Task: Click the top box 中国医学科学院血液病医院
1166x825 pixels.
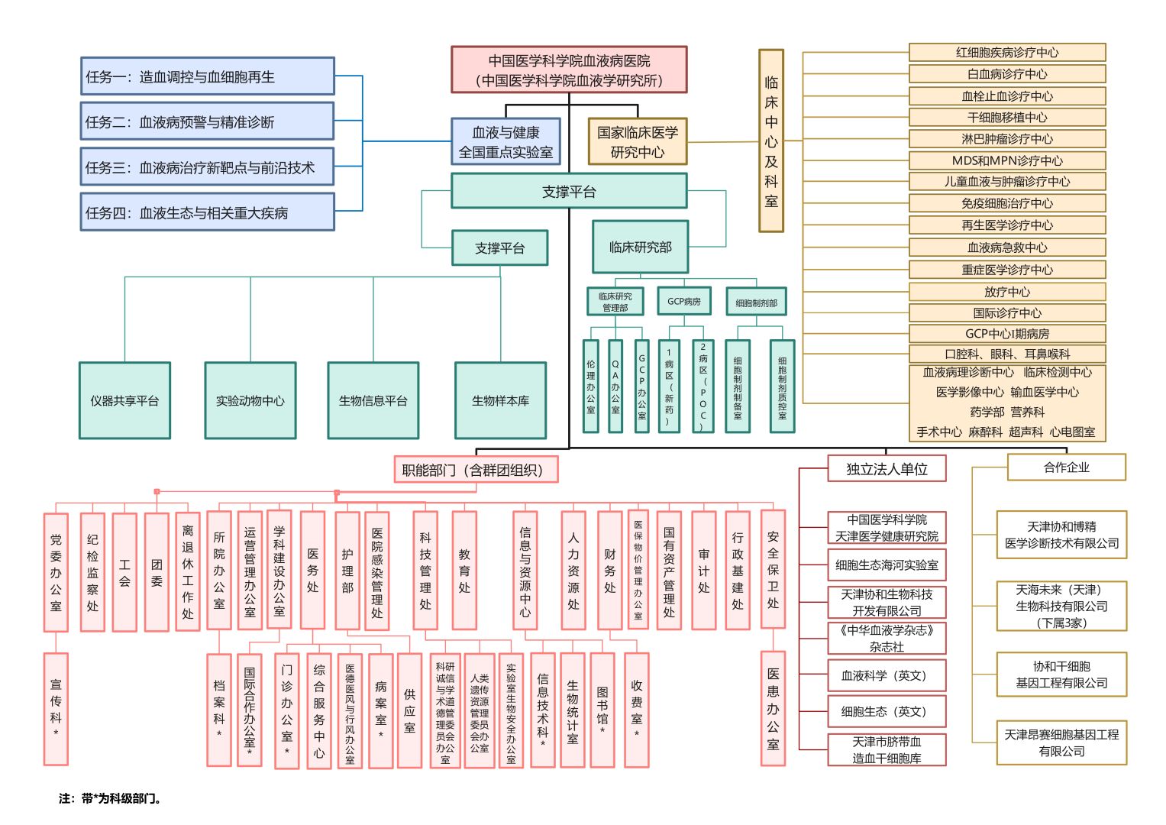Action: pos(569,70)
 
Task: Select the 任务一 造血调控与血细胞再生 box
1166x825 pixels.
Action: pos(207,76)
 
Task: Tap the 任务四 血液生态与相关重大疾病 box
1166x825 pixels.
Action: pos(207,212)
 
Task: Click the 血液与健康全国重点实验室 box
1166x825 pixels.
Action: pos(505,141)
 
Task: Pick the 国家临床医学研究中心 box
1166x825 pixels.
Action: pos(638,141)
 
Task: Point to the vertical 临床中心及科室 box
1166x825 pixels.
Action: pos(771,141)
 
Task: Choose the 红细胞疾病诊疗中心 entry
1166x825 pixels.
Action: pos(1007,53)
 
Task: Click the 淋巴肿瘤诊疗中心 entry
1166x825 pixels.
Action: pos(1007,139)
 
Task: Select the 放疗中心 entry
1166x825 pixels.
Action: pos(1007,292)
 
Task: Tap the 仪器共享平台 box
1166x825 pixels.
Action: pos(124,400)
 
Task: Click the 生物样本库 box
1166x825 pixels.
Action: pos(500,400)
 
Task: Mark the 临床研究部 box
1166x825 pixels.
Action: pos(640,247)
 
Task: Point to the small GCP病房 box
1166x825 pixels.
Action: pos(683,301)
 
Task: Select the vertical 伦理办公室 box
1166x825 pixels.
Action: pos(591,387)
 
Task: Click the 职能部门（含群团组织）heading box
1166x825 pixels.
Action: pos(476,470)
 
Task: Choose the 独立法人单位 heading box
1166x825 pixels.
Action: pos(887,469)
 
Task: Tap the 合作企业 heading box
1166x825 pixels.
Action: pos(1066,467)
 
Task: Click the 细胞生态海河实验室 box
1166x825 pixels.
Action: pos(887,565)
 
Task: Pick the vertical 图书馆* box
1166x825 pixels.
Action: pos(602,710)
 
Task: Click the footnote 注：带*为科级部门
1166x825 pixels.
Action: pos(110,799)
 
